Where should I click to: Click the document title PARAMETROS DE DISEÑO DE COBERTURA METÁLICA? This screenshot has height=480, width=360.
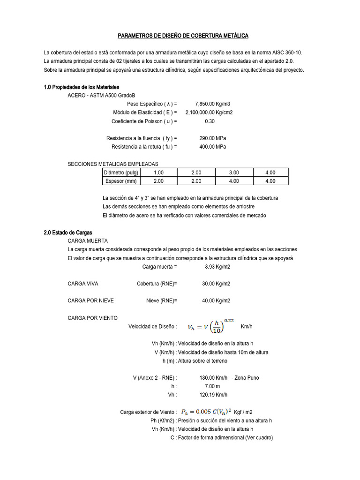[182, 36]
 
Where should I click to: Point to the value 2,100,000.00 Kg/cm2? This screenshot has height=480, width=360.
[209, 112]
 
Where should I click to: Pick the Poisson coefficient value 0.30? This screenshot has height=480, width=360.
[210, 121]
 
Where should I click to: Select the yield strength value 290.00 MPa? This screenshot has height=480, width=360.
[212, 138]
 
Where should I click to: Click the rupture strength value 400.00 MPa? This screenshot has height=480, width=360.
[212, 147]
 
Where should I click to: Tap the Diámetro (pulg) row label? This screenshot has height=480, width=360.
[120, 172]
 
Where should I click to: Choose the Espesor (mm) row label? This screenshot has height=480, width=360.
[120, 181]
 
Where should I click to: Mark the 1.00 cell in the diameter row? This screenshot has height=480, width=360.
[158, 172]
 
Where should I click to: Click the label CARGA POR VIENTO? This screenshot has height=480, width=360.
[92, 318]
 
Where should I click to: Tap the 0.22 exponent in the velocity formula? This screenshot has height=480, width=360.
[229, 320]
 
